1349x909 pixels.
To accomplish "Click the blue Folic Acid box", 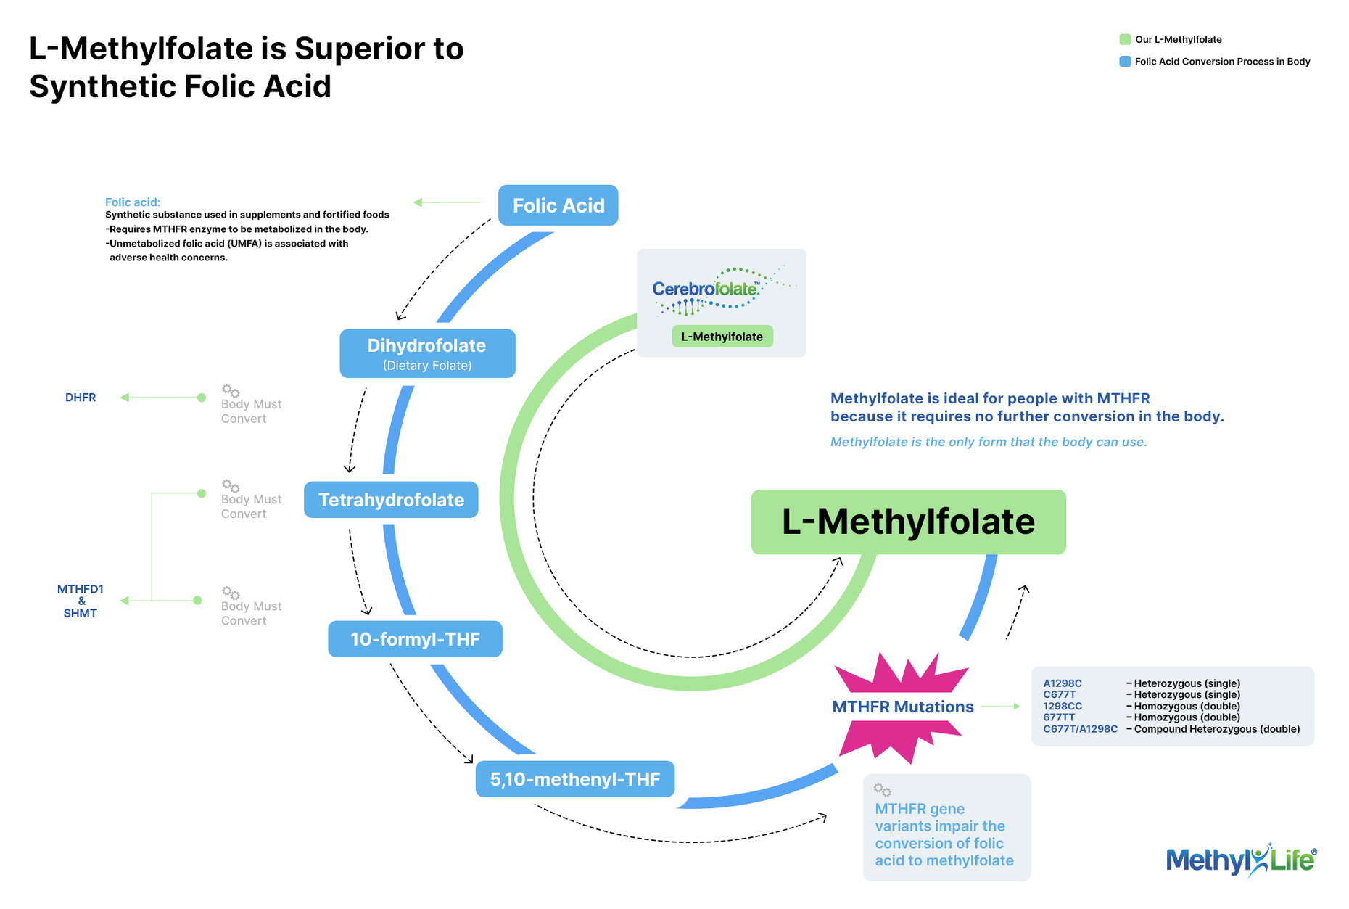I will tap(558, 205).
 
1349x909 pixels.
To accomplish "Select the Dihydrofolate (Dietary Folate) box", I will tap(427, 353).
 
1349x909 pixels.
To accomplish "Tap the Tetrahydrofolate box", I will tap(391, 500).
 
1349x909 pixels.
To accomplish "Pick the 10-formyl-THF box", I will tap(415, 639).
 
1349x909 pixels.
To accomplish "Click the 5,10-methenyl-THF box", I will tap(575, 779).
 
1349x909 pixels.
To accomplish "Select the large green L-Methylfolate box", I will tap(908, 522).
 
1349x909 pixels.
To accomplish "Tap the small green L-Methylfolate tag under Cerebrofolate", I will tap(722, 337).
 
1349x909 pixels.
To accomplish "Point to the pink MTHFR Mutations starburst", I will tap(902, 707).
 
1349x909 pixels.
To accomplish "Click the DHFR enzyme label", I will tap(81, 398).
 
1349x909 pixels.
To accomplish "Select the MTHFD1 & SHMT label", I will tap(81, 601).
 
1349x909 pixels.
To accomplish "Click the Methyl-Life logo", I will tap(1241, 860).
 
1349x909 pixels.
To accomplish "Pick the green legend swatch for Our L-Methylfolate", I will tap(1125, 39).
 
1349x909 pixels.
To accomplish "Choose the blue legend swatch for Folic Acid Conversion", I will tap(1125, 62).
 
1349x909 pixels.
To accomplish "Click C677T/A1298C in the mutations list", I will tap(1080, 729).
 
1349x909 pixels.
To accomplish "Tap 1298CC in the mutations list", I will tap(1063, 706).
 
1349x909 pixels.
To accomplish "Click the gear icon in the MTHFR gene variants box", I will tap(882, 790).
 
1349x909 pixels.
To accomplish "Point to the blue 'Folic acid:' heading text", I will tap(133, 202).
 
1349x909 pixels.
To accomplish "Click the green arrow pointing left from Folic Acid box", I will tap(447, 202).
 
